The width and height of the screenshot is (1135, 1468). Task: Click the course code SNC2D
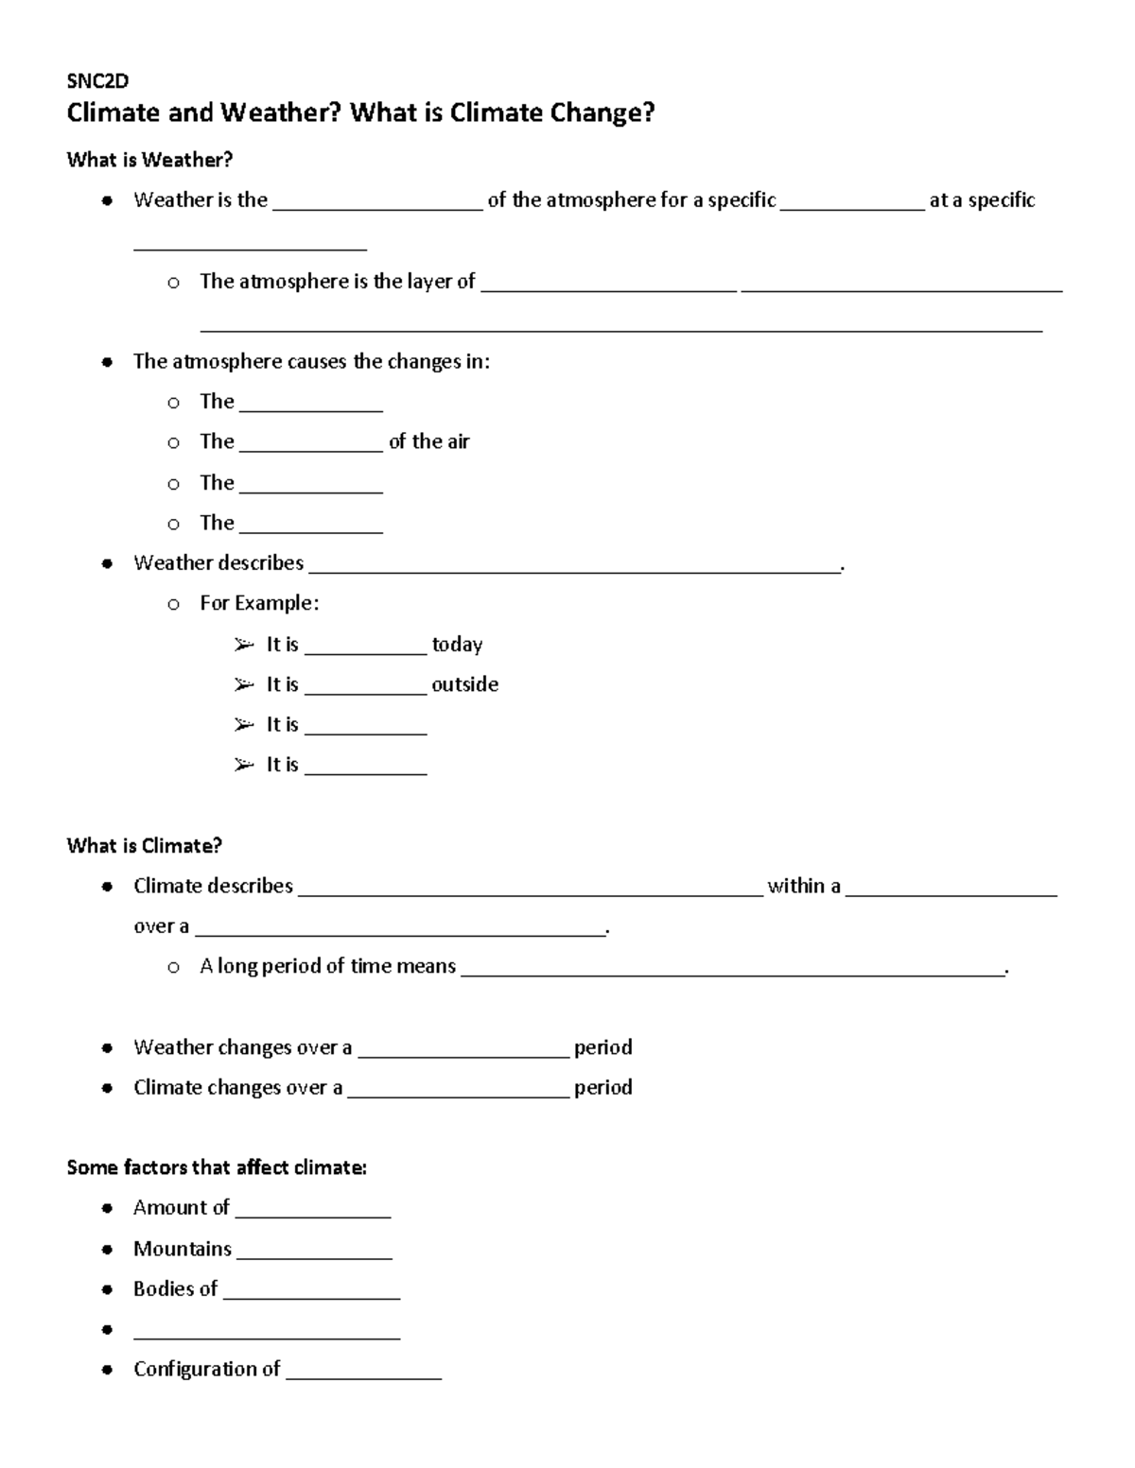96,80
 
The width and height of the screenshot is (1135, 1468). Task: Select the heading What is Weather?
149,160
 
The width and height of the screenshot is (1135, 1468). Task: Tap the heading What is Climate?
144,845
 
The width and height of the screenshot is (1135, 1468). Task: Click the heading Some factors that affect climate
217,1167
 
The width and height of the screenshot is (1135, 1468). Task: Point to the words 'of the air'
428,441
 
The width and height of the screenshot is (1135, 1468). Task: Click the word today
457,645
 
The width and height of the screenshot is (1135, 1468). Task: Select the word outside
464,684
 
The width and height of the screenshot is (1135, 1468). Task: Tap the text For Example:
259,603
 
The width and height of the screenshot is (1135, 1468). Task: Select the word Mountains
183,1249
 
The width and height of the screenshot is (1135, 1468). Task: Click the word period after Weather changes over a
603,1047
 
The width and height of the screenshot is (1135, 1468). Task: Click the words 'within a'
804,886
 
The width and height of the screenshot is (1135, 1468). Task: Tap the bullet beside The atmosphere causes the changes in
109,362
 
